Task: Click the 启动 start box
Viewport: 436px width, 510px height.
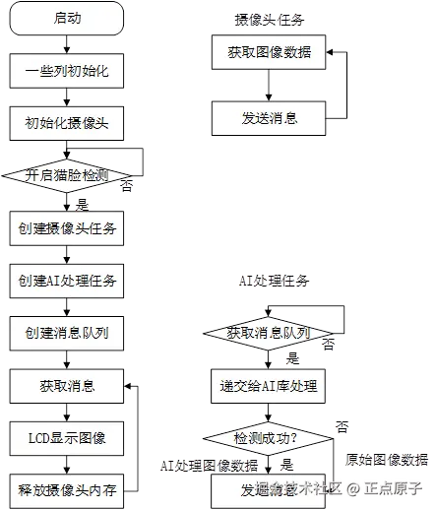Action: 65,17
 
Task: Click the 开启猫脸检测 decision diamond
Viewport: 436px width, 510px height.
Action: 65,175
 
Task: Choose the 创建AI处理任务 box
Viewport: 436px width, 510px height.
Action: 65,281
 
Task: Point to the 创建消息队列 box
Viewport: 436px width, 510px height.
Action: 65,333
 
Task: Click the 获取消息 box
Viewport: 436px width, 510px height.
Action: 65,385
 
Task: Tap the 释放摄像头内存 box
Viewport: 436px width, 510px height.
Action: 65,489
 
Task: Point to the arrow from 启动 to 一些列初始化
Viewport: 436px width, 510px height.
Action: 65,43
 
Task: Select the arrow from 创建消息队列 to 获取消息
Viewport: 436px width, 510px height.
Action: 65,358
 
